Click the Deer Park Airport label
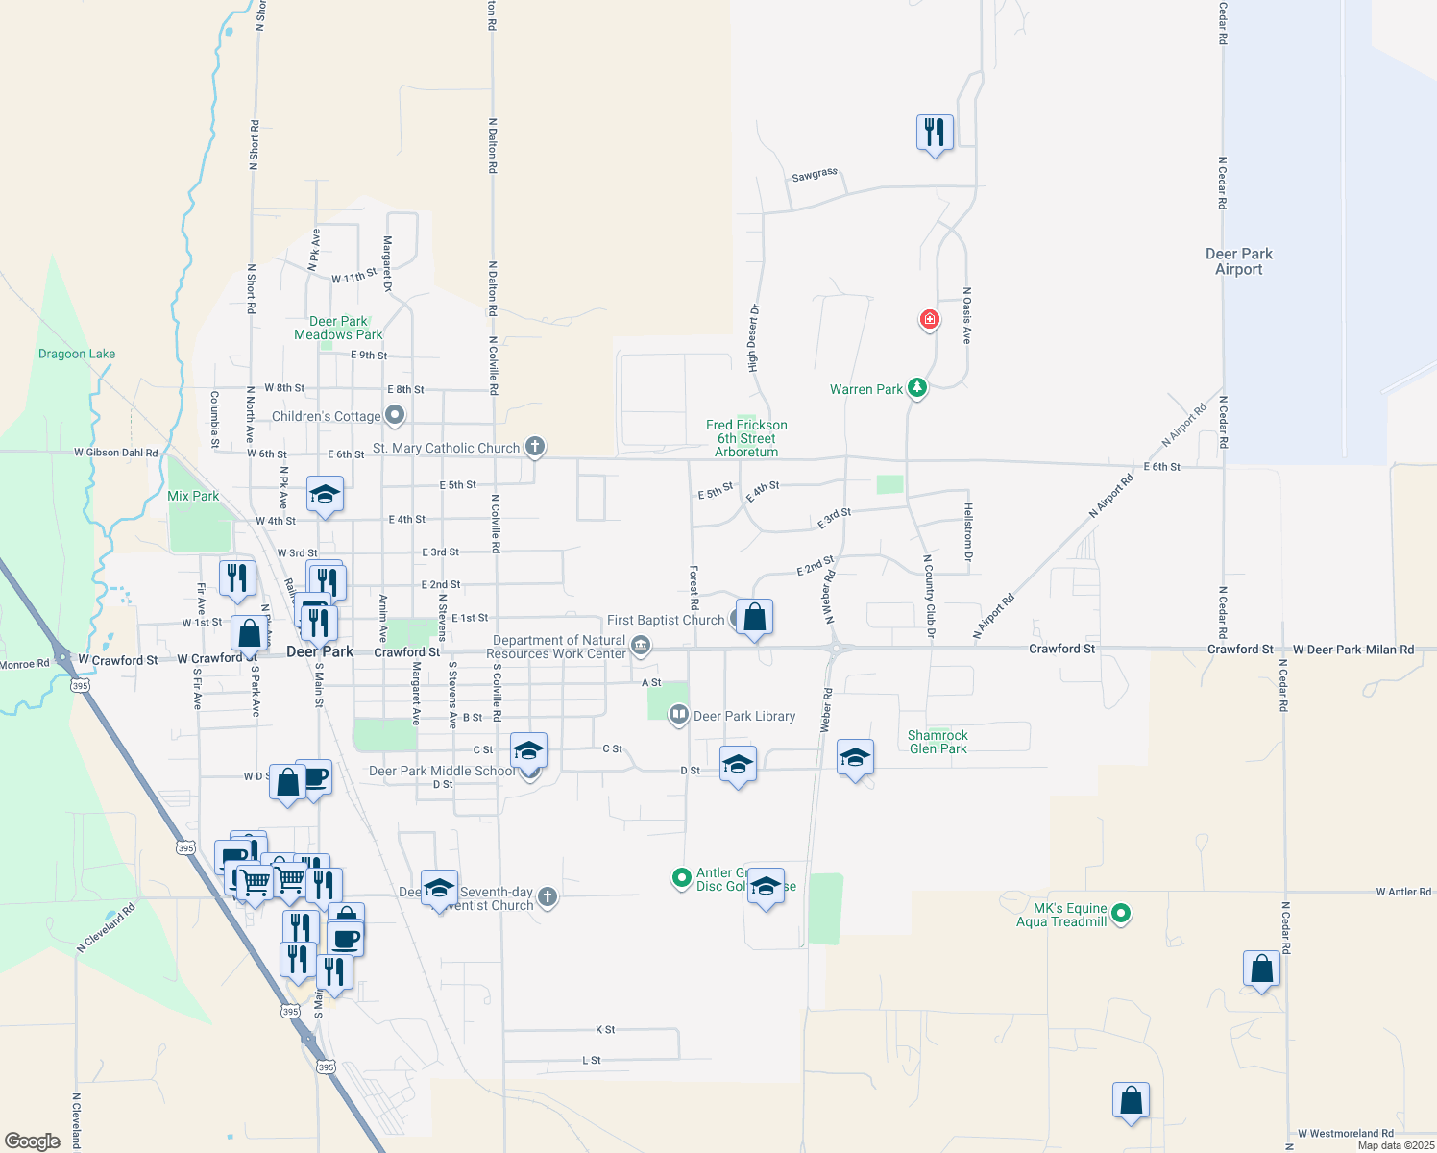[1238, 261]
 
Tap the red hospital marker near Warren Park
[929, 319]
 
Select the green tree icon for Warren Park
[917, 388]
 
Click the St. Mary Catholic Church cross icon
[535, 447]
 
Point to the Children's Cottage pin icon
[394, 415]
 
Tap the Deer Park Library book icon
[678, 715]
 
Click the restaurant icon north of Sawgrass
[935, 132]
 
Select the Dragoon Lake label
[77, 354]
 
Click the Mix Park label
[193, 496]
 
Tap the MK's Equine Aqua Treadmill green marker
[1121, 914]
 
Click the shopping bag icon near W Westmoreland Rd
[1131, 1100]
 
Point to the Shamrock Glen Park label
[938, 742]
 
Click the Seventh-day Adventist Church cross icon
[547, 897]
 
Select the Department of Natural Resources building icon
[641, 647]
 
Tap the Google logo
[33, 1141]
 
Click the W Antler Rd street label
[1403, 892]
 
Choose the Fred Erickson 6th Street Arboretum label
[746, 438]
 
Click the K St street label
[605, 1029]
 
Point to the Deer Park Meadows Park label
[338, 328]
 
